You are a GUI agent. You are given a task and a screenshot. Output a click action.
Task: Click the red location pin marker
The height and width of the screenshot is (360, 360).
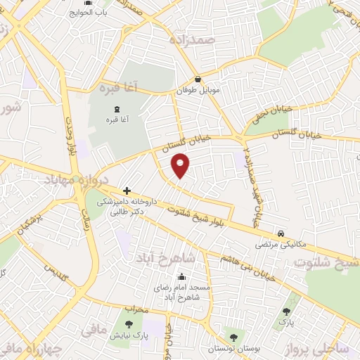tap(181, 166)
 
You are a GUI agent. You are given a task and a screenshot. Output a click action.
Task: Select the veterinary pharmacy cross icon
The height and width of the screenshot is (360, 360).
tap(127, 191)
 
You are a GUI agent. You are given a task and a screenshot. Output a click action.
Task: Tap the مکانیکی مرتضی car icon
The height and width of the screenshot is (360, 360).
tap(281, 233)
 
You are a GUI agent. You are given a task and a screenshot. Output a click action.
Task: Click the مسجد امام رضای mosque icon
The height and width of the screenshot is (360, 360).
tap(182, 276)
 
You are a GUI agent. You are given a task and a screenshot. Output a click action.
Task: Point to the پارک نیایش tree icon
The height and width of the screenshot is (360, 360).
tap(128, 324)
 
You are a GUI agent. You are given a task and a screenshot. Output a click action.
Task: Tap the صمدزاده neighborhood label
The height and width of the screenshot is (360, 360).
tap(191, 39)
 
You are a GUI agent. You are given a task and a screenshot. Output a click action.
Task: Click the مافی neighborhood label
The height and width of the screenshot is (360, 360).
tap(94, 328)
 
